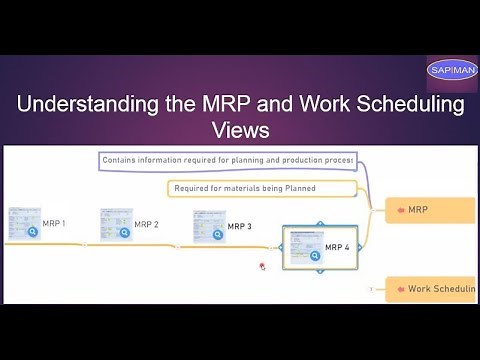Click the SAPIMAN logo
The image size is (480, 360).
[452, 70]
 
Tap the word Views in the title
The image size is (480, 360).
[240, 131]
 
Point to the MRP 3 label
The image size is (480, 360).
[239, 226]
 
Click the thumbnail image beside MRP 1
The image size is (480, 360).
[23, 223]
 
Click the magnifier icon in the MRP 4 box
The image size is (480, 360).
[315, 256]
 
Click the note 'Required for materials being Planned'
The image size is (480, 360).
[260, 188]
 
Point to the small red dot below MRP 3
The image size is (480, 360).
[262, 266]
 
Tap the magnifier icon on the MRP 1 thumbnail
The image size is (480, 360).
[33, 232]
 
